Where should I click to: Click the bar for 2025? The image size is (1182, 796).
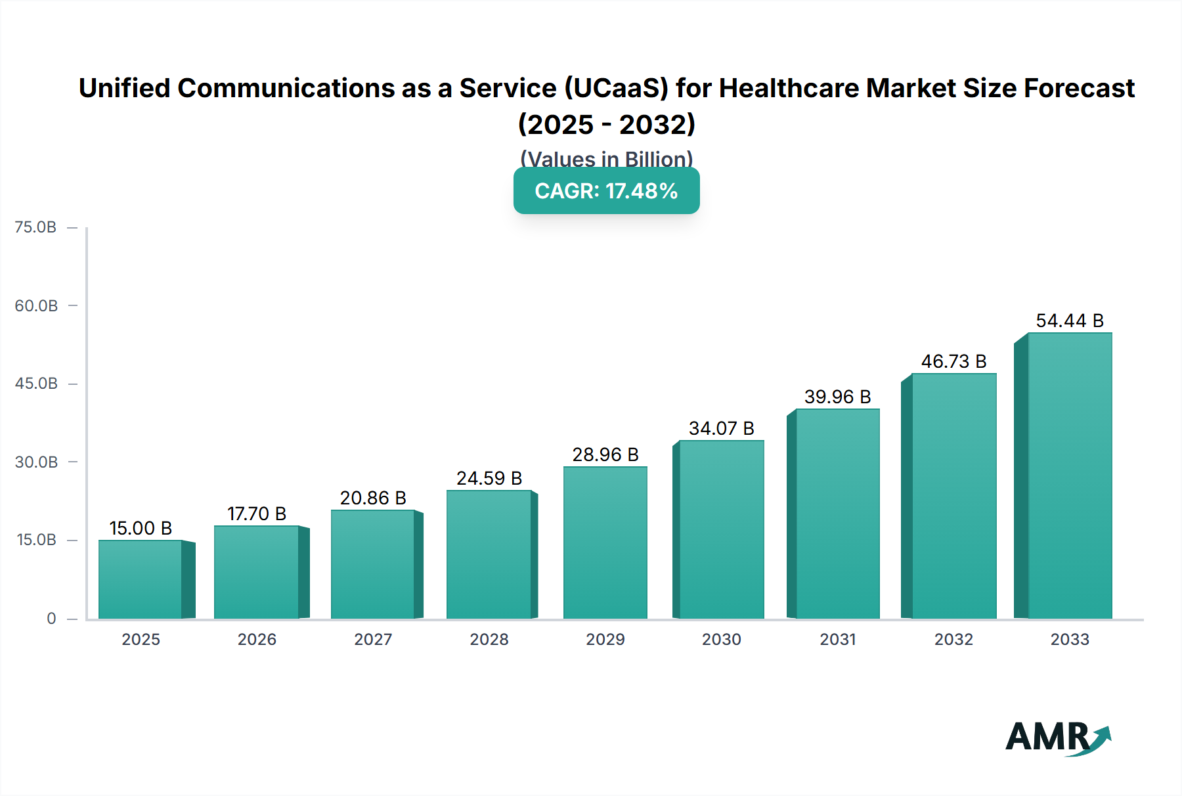[141, 579]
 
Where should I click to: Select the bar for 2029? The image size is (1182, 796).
[605, 542]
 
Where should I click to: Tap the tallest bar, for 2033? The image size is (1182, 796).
[1070, 475]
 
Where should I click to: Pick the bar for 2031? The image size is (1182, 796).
[837, 514]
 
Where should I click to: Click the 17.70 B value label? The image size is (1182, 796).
[257, 514]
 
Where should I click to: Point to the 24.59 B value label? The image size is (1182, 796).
[489, 478]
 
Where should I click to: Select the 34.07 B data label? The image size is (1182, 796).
[721, 428]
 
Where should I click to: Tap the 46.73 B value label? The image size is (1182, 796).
[953, 361]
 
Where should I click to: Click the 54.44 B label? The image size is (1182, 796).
[1070, 321]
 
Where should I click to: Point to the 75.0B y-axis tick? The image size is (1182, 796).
[36, 227]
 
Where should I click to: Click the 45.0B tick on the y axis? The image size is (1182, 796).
[36, 384]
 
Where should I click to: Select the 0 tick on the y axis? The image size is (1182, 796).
[51, 618]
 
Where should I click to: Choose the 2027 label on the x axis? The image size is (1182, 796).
[373, 639]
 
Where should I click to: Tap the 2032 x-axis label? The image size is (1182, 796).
[953, 639]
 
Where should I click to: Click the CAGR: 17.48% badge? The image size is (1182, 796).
[606, 190]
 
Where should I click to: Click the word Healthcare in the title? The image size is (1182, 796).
[788, 88]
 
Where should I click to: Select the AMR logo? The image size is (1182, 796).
[1057, 737]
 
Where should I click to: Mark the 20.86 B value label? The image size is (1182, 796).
[373, 498]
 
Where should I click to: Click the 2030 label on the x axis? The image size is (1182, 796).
[721, 639]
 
